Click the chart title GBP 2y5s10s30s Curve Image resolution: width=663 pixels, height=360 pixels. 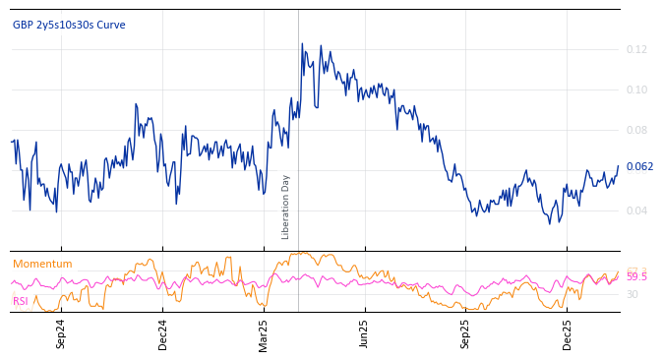69,25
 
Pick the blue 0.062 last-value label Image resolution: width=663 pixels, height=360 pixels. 639,166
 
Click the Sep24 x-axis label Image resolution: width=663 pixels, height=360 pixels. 61,333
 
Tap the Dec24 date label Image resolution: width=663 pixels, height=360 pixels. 162,333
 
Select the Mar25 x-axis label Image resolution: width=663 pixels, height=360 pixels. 263,333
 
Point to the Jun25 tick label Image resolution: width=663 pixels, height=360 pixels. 364,333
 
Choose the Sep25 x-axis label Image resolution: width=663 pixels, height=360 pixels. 465,333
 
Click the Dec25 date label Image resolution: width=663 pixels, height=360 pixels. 567,333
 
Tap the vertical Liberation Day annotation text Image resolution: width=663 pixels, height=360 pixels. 286,207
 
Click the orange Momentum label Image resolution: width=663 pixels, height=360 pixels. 42,264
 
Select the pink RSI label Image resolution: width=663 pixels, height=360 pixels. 21,301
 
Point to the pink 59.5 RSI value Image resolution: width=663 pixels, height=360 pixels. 636,277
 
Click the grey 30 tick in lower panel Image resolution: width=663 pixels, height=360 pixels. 632,294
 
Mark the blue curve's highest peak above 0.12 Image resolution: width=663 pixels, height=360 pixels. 302,43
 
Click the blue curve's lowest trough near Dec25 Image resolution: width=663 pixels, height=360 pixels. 550,223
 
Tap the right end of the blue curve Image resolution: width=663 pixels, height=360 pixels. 619,166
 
